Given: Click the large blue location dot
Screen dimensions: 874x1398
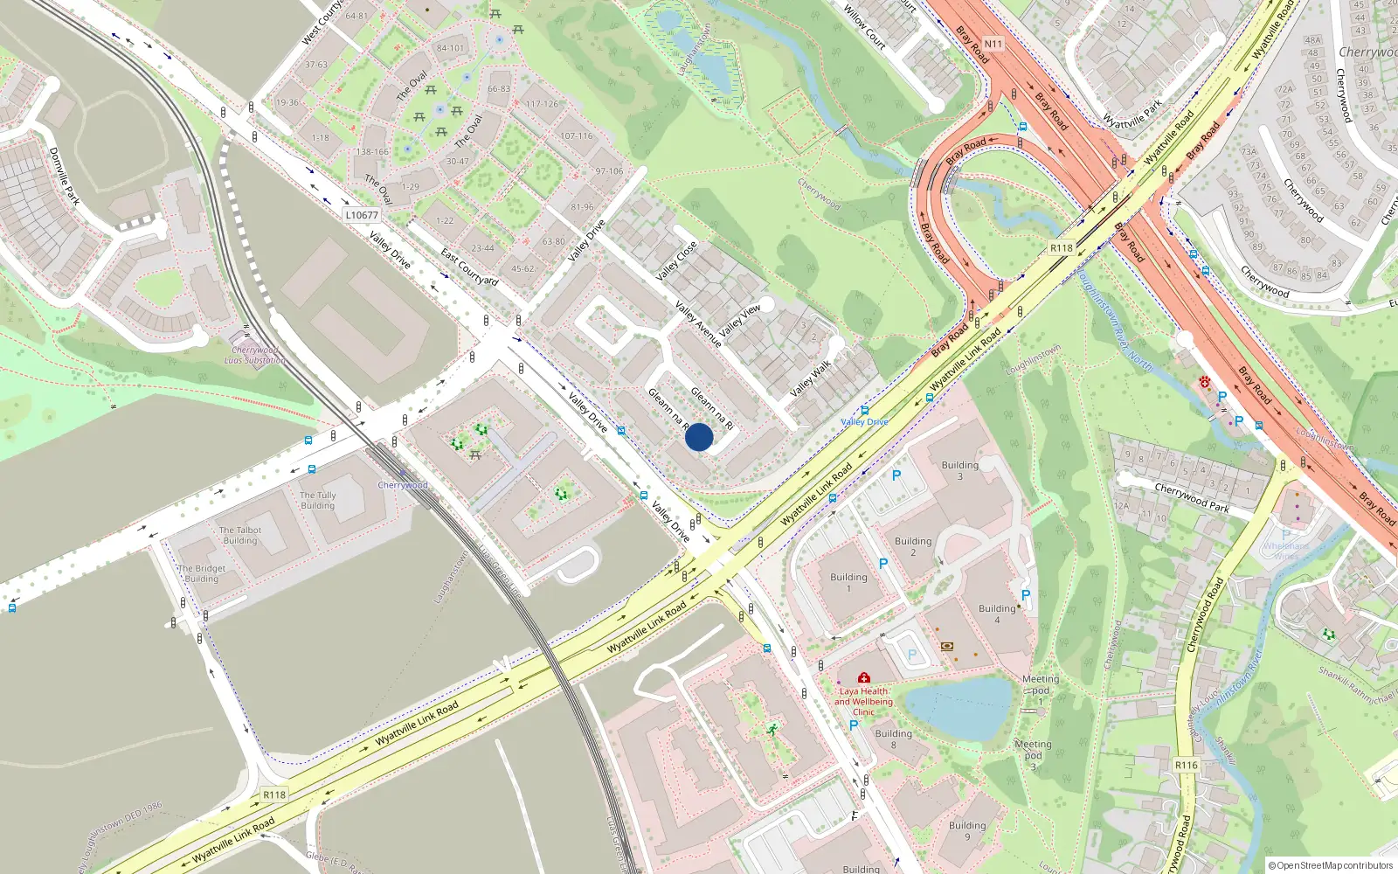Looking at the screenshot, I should pos(698,437).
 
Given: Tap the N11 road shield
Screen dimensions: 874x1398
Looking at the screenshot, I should pos(993,44).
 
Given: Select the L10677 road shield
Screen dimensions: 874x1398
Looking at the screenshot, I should pos(362,215).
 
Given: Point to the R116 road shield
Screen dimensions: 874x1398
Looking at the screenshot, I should pos(1186,765).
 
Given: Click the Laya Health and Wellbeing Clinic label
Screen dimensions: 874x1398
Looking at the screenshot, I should pos(863,701).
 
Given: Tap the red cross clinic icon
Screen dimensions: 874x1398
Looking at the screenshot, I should pos(864,677).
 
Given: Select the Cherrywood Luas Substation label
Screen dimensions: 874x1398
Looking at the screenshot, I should pos(254,355).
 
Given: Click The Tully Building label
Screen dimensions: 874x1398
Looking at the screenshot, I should pos(318,500).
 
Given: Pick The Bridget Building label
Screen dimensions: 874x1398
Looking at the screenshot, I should pos(202,573).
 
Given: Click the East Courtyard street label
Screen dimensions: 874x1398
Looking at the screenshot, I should pos(469,267).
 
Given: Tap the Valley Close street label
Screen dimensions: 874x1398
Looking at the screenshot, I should pos(676,260).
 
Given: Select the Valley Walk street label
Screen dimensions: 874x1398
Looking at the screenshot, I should pos(811,378).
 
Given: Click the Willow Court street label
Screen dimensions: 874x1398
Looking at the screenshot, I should pos(865,27).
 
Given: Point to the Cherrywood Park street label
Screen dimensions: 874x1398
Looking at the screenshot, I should pos(1192,497).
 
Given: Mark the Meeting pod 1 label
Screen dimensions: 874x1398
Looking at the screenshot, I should pos(1040,690).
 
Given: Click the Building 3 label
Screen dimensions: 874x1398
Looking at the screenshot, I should pos(959,470).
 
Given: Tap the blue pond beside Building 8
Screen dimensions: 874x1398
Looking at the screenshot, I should pos(959,708).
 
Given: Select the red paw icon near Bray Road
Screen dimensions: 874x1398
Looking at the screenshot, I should pos(1204,381).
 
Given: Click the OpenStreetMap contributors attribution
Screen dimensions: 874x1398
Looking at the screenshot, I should pos(1331,865).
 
